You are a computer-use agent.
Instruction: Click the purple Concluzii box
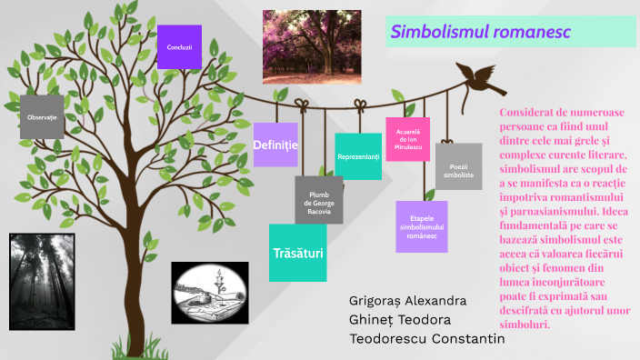[179, 45]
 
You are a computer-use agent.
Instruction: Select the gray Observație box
[42, 117]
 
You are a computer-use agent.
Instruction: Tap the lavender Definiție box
[275, 145]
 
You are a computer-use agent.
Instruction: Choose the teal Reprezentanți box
[358, 156]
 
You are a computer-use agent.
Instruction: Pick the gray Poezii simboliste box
[458, 166]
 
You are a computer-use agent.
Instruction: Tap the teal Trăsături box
[298, 252]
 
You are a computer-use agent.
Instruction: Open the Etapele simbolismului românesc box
[423, 226]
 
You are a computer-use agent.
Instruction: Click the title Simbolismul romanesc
[481, 32]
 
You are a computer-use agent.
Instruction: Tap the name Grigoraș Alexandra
[407, 301]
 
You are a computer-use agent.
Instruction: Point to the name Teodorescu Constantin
[426, 339]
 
